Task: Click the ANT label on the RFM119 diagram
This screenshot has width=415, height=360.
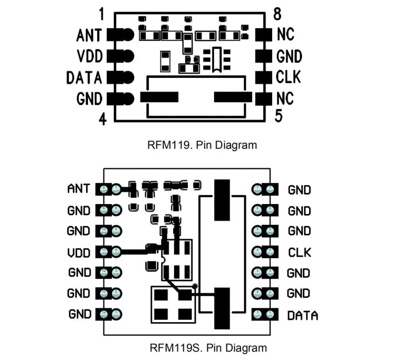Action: (89, 35)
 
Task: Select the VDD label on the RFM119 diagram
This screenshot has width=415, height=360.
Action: (90, 56)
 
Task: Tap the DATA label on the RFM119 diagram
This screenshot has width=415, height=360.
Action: (84, 78)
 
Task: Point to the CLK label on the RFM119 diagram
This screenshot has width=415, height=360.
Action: (288, 77)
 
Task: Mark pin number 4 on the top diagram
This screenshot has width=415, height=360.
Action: (103, 119)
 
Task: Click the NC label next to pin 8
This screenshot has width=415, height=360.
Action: (285, 34)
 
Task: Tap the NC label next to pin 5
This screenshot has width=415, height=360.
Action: (285, 99)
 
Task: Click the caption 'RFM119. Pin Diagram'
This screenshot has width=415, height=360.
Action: (202, 145)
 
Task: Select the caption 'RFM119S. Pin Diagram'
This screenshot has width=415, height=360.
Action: (208, 348)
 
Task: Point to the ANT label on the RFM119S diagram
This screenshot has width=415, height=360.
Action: (78, 189)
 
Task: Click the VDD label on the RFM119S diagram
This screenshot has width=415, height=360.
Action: (79, 252)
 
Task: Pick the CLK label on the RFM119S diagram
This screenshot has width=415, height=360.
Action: (299, 252)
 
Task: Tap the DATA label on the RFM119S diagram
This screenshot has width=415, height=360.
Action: (303, 315)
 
